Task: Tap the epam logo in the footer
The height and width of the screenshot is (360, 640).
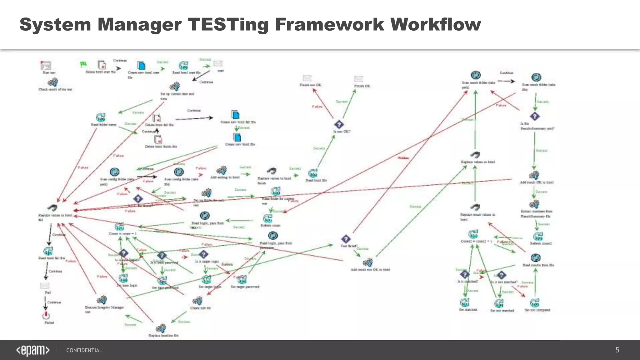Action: point(33,350)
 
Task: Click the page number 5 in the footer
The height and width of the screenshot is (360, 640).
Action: point(617,350)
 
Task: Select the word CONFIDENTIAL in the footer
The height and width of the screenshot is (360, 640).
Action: point(84,350)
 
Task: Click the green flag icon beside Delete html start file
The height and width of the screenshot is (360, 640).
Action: point(83,64)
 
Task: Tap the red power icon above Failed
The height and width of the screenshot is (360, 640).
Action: point(46,315)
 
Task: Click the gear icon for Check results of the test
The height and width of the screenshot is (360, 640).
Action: point(52,82)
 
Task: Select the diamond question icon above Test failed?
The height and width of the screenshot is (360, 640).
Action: point(345,239)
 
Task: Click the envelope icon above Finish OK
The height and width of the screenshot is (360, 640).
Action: point(359,79)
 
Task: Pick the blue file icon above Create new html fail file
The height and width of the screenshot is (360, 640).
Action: point(235,115)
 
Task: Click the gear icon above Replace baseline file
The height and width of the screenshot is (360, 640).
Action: point(161,328)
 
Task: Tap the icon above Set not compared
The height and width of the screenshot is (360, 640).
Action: point(534,303)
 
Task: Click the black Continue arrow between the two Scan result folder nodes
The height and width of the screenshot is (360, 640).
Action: point(506,81)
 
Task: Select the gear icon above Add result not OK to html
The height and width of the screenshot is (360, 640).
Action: point(368,262)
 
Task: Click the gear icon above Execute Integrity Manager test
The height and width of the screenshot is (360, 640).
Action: point(102,300)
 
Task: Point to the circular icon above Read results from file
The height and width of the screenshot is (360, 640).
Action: point(536,258)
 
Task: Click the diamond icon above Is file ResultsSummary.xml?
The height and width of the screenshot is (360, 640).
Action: point(535,116)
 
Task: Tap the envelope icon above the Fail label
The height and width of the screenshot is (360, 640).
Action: point(45,286)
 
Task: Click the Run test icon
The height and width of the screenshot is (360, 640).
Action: point(46,65)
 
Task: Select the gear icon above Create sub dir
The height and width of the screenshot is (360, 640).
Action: point(197,301)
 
